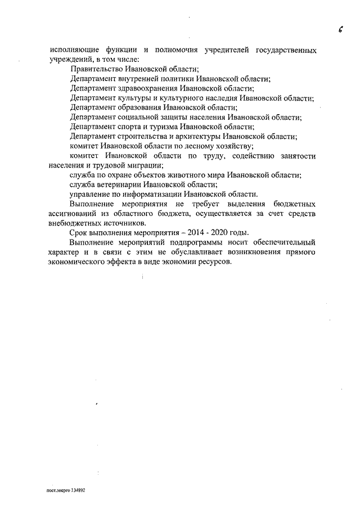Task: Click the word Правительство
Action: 98,69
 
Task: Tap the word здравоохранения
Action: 152,88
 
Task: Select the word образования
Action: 142,107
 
